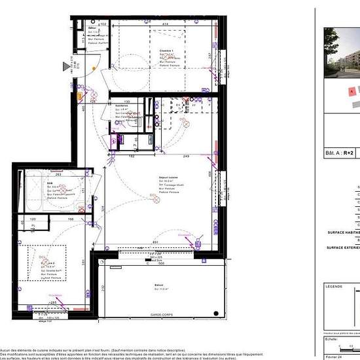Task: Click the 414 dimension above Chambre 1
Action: point(167,24)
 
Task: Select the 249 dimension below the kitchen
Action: point(187,156)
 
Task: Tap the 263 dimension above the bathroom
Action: point(58,175)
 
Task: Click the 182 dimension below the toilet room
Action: point(131,156)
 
